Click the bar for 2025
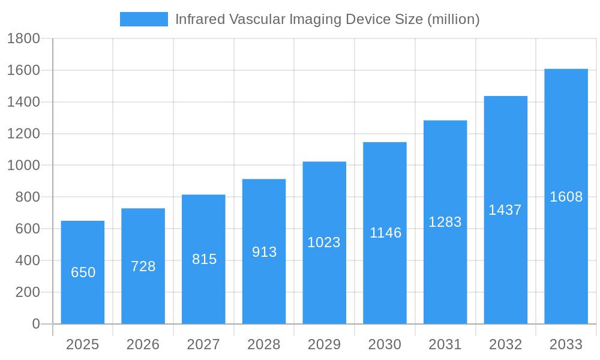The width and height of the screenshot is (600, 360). pos(83,272)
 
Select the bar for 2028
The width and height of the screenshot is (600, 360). pos(264,251)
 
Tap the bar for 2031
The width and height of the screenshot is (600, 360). pos(445,222)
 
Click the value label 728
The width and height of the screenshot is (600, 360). pos(143,266)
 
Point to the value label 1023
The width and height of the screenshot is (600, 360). pos(324,242)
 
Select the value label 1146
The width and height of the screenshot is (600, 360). pos(385,233)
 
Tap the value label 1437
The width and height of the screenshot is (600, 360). pos(505,210)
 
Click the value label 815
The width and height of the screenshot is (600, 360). pos(204,259)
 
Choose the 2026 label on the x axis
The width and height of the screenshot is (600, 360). pos(143,344)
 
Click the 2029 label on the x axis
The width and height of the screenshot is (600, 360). pos(324,344)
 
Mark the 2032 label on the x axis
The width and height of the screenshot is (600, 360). pos(505,344)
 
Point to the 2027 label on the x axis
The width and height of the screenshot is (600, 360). pos(203,344)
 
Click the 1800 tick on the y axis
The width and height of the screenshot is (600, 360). pos(23,39)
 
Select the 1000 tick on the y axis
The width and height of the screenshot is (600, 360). pos(23,166)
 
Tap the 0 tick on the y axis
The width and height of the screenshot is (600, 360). pos(36,324)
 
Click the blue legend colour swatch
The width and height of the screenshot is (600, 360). pos(144,19)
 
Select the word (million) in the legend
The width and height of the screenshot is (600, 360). pos(453,19)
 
